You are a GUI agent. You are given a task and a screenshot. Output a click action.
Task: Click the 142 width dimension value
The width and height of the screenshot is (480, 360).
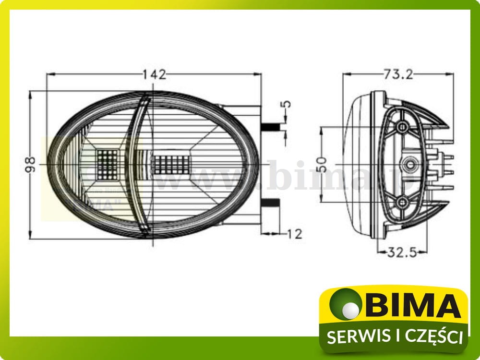click(x=154, y=74)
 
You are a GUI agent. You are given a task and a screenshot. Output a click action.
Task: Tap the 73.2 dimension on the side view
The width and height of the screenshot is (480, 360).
click(x=398, y=74)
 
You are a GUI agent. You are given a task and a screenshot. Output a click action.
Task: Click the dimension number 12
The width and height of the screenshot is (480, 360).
click(x=295, y=234)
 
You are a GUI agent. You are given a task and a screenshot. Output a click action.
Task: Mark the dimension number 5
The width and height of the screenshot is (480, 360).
click(x=287, y=104)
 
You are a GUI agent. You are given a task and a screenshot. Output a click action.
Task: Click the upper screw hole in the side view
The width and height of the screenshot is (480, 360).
click(x=402, y=126)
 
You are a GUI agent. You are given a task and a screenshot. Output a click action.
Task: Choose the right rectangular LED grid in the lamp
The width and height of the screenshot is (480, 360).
click(x=171, y=164)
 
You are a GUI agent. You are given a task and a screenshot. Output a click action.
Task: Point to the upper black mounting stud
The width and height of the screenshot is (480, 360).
click(x=271, y=127)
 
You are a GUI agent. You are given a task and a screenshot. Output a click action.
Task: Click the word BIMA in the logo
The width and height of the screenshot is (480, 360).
click(x=413, y=306)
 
